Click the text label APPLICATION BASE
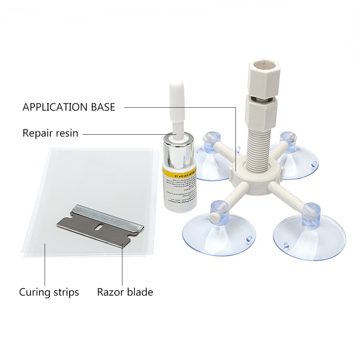(x=69, y=107)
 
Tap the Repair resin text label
(x=50, y=133)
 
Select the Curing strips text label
(x=49, y=292)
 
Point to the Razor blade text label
(x=125, y=292)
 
